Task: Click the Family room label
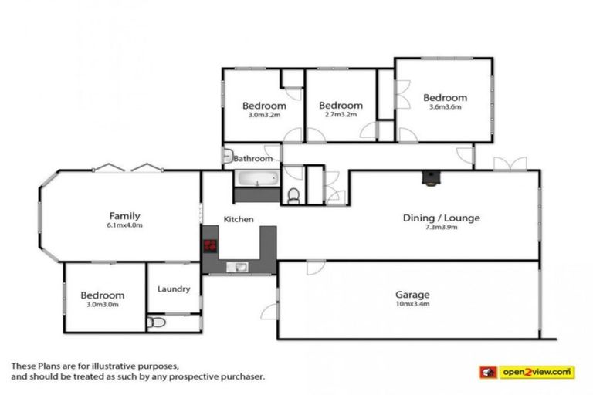click(x=124, y=216)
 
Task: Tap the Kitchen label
click(x=239, y=220)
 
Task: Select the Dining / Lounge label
click(x=441, y=218)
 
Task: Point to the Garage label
click(x=412, y=294)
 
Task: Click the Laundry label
click(x=174, y=289)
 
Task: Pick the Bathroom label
click(x=253, y=159)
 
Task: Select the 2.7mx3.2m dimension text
click(x=341, y=116)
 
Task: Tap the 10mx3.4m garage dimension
click(x=412, y=304)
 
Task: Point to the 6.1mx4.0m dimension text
click(x=124, y=226)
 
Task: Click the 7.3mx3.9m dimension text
click(x=441, y=228)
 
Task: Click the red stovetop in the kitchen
click(x=209, y=246)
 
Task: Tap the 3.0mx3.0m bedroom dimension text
click(x=102, y=306)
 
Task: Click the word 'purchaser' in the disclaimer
click(x=241, y=377)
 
